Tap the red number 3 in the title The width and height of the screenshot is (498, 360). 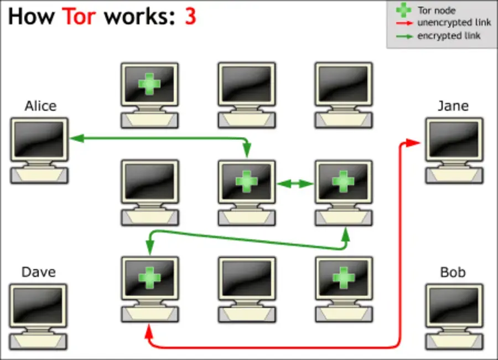point(190,17)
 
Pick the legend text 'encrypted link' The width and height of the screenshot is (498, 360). point(449,35)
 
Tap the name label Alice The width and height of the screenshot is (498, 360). point(40,106)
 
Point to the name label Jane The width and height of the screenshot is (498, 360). point(453,106)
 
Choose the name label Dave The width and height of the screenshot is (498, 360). point(39,272)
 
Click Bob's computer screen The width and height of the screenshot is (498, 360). point(454,305)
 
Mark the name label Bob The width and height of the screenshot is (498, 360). point(453,272)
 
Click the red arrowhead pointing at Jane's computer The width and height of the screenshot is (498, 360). point(412,143)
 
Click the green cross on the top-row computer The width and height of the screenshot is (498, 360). point(149,84)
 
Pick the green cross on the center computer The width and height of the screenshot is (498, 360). point(247,182)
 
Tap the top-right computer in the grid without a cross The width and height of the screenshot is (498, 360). point(344,84)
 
